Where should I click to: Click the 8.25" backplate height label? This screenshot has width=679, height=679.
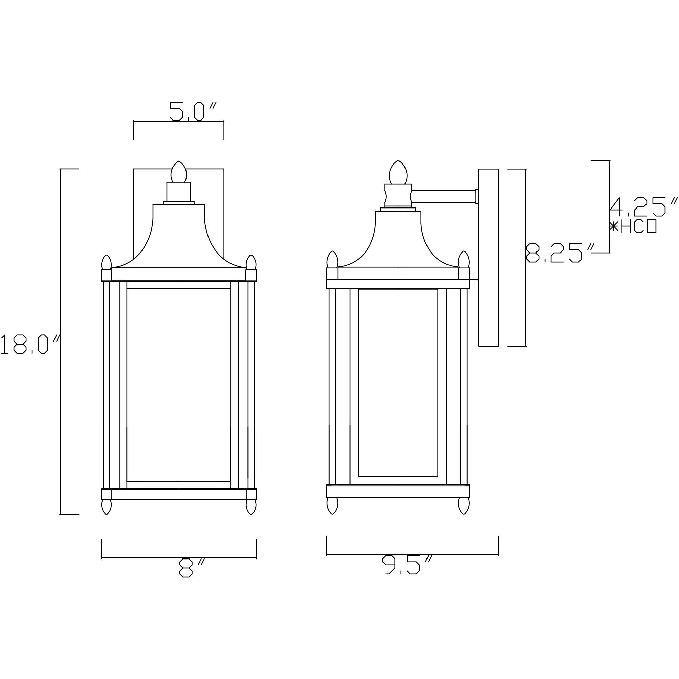[x=559, y=253]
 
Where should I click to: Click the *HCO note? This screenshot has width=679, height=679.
[x=633, y=227]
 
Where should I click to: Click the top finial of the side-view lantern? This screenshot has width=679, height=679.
[x=398, y=172]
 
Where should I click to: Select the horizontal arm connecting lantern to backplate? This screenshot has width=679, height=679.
[x=443, y=196]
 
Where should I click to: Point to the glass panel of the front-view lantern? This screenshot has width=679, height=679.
[x=178, y=385]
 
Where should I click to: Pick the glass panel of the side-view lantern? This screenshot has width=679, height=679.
[x=398, y=383]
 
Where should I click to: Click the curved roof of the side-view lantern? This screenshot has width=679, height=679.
[x=398, y=242]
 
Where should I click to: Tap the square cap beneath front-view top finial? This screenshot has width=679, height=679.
[x=178, y=192]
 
